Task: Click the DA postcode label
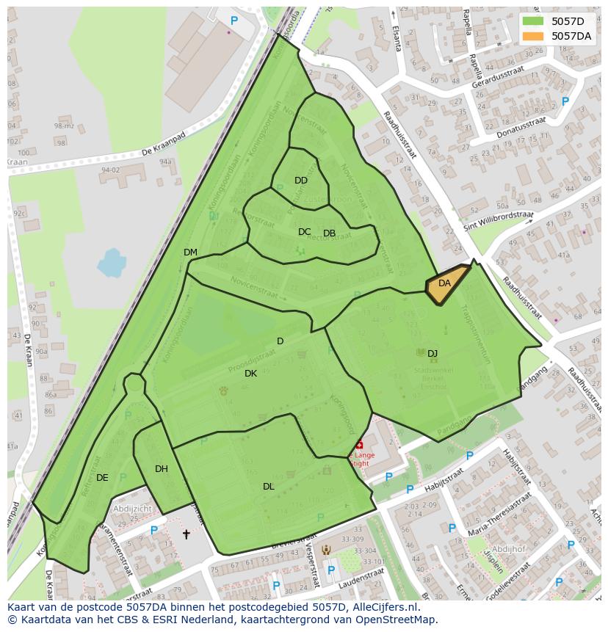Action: pos(444,283)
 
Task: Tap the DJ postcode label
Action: pos(433,354)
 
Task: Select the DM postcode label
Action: pos(190,253)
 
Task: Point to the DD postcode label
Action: pos(301,181)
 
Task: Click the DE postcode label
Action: pos(102,478)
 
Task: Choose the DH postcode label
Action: pos(162,469)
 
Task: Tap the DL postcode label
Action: pos(269,487)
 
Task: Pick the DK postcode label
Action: pos(250,374)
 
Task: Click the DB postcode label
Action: pos(329,233)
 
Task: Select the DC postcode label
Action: pos(304,232)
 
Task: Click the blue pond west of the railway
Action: pos(111,262)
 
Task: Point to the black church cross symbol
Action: pos(186,534)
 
